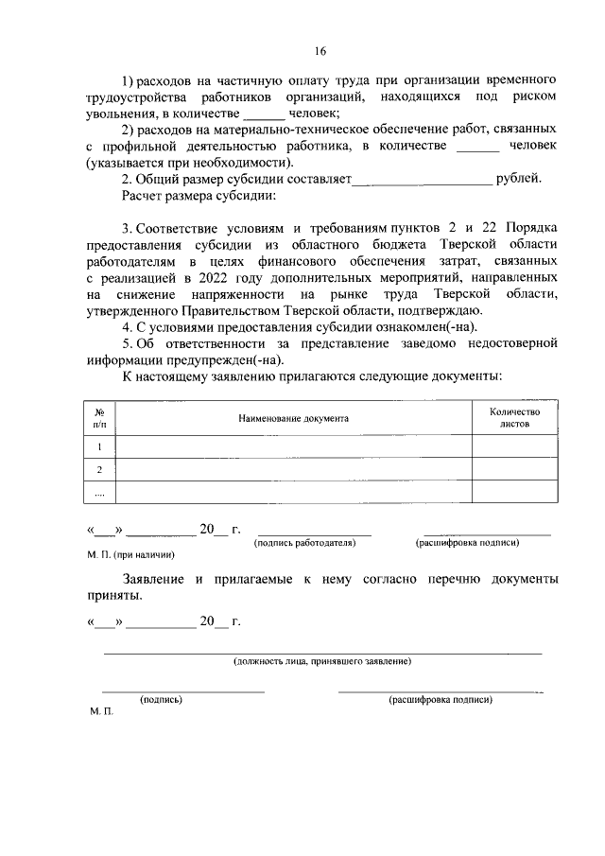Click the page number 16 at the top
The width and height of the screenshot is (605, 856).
coord(321,50)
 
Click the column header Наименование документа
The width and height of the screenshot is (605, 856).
coord(293,417)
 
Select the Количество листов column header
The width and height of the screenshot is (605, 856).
coord(514,418)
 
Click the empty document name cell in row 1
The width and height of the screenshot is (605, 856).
coord(293,446)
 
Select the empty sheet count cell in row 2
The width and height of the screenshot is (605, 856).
coord(514,469)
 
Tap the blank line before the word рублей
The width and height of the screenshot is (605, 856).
coord(422,180)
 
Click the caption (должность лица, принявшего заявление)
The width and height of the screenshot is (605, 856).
coord(322,660)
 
